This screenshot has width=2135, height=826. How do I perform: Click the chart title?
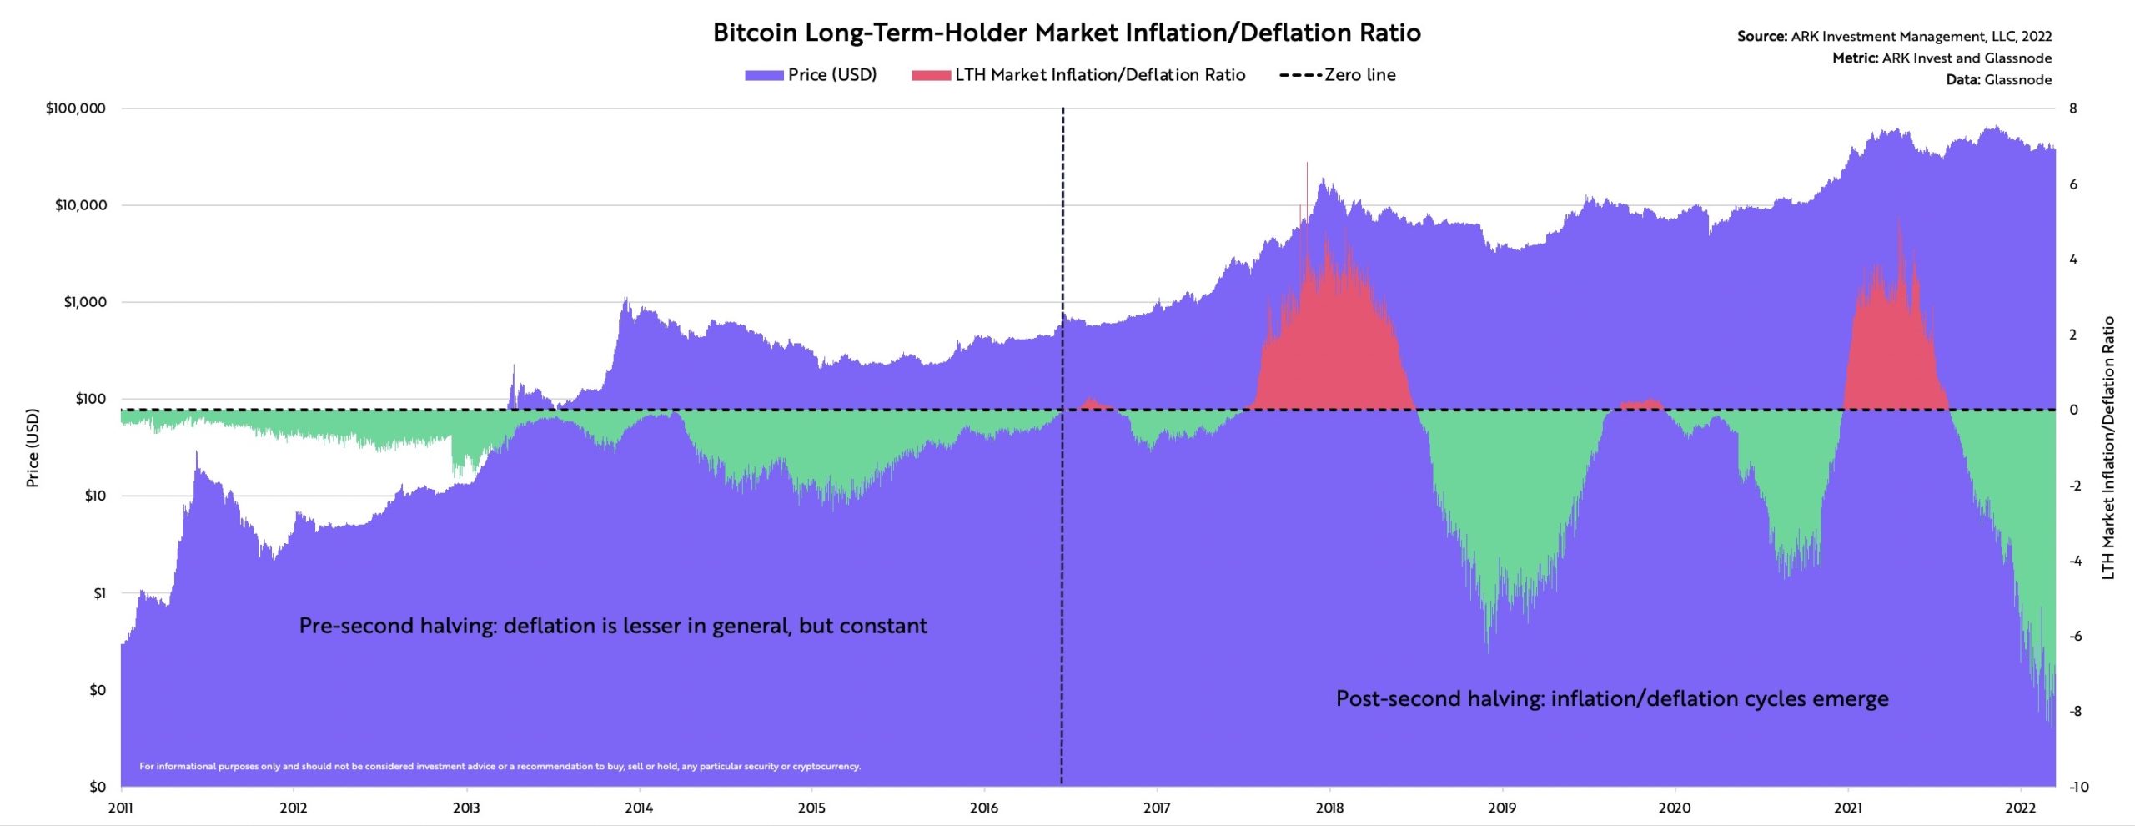(1067, 33)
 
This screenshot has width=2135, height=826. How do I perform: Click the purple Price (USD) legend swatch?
(764, 75)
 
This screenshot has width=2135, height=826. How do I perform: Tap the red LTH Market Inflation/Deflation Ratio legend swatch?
(931, 75)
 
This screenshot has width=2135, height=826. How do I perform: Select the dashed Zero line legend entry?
(1337, 75)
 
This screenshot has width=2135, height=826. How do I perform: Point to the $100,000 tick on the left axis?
(76, 108)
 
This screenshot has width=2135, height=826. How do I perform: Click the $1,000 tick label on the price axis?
(85, 302)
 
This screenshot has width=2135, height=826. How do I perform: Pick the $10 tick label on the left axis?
(95, 496)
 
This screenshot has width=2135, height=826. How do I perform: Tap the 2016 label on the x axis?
(984, 808)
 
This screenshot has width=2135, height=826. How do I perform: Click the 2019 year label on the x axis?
(1502, 808)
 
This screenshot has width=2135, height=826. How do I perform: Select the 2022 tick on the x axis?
(2020, 808)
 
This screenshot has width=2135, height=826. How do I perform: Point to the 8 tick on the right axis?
(2073, 108)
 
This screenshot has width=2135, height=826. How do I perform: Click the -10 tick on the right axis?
(2079, 787)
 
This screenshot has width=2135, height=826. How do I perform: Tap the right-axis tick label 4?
(2073, 259)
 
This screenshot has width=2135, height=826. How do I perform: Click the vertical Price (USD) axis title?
(33, 448)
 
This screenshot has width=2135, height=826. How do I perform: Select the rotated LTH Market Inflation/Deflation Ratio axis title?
(2108, 448)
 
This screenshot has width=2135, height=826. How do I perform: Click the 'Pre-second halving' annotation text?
(613, 626)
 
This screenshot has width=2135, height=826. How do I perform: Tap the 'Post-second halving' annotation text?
(1612, 698)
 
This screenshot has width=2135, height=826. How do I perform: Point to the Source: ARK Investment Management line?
(1894, 37)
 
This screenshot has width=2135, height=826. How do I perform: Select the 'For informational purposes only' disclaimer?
(500, 766)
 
